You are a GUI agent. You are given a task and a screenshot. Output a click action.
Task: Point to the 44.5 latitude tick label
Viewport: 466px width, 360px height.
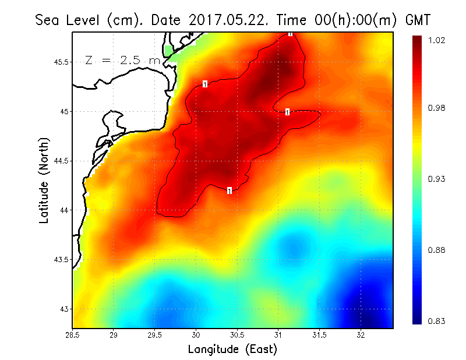click(61, 161)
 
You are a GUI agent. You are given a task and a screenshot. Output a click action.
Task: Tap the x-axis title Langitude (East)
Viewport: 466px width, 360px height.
click(232, 350)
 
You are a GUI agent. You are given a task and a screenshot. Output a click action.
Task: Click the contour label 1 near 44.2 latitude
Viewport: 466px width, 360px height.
click(230, 190)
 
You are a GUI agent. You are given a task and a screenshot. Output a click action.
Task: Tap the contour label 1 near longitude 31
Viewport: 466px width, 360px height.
click(287, 112)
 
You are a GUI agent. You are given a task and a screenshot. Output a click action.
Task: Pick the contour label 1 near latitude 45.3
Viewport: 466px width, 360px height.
click(206, 84)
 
